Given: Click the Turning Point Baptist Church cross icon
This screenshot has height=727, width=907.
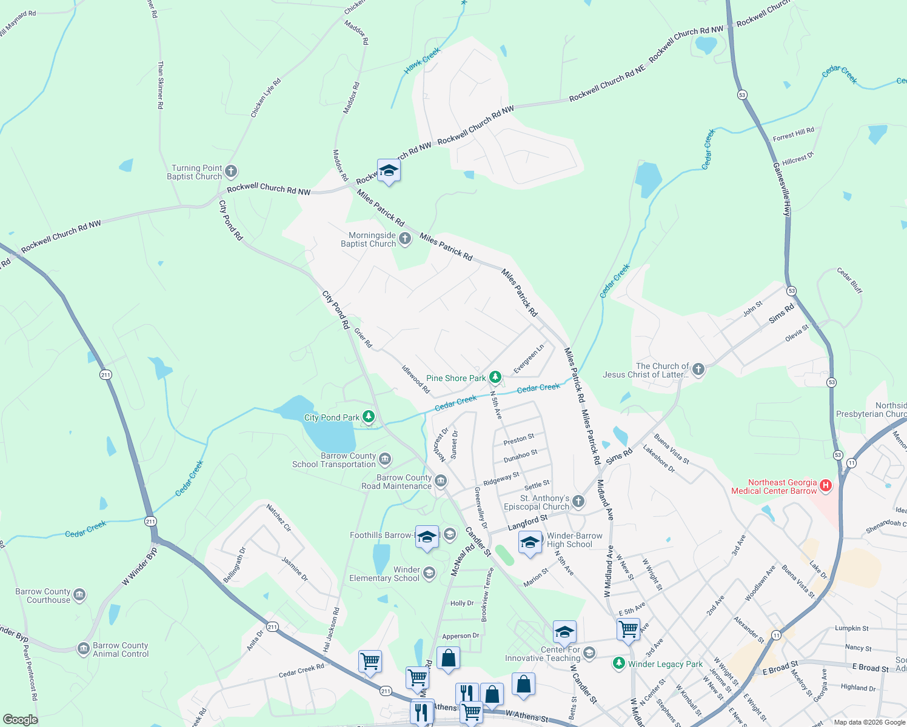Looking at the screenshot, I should (231, 172).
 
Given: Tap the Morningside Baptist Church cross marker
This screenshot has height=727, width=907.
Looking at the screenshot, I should (405, 239).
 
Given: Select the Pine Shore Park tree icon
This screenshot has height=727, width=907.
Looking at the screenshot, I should (495, 378).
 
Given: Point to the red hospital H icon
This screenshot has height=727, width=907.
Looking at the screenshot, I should (825, 486).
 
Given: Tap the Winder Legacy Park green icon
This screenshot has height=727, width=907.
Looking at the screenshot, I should (618, 663).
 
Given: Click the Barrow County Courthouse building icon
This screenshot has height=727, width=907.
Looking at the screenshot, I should (79, 596).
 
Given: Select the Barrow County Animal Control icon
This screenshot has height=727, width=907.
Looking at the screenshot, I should (84, 649).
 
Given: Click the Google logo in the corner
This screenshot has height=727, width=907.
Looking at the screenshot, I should (21, 719).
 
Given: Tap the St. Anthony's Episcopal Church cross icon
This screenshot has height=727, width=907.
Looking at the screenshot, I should (578, 502).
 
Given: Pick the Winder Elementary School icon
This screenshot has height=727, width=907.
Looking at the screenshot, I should (429, 573).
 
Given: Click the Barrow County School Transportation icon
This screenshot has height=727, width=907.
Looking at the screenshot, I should (385, 460).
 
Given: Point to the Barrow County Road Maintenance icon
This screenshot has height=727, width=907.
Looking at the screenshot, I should (441, 482).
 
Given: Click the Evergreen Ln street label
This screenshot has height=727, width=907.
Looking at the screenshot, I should (529, 359).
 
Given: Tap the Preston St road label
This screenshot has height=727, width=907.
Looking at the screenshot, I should (519, 439).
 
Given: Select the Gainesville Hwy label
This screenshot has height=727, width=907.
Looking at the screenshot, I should (782, 189).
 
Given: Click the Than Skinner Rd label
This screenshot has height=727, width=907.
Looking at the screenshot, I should (161, 85).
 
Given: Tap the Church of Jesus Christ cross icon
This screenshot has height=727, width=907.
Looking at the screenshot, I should (698, 370).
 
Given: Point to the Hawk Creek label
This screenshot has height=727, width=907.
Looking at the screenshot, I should (422, 62).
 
